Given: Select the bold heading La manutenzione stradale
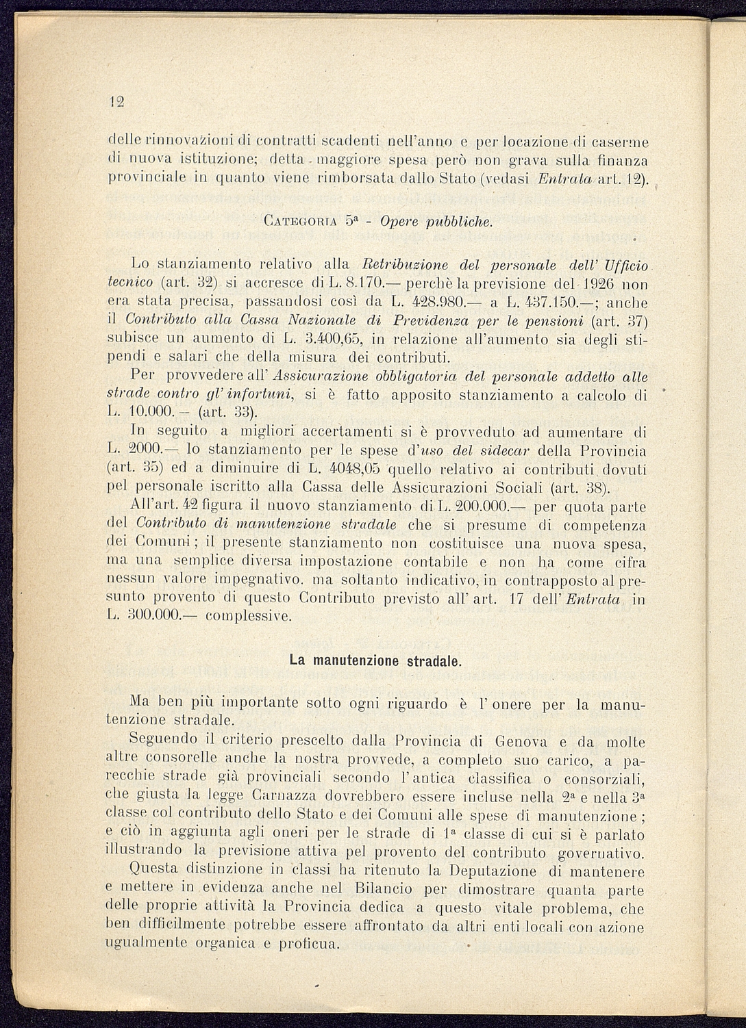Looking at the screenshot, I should pyautogui.click(x=375, y=661).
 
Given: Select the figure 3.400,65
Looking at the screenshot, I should pyautogui.click(x=333, y=338).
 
